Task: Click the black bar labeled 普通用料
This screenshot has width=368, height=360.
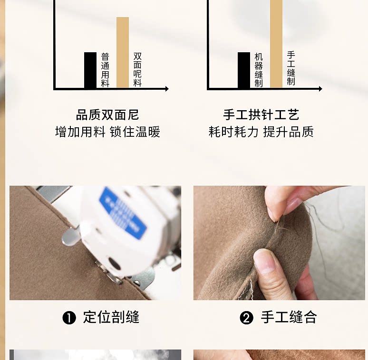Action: coord(90,70)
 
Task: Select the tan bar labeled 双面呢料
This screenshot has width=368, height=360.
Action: coord(123,52)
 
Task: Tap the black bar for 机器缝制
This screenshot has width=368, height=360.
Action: coord(244,70)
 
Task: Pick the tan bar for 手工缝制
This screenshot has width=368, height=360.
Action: coord(276,44)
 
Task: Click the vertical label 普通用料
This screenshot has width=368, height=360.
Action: coord(105,70)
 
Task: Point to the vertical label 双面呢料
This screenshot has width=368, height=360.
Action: coord(137,70)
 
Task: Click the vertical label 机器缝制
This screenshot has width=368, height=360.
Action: coord(259,70)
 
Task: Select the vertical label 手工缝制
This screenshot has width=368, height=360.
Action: coord(291,68)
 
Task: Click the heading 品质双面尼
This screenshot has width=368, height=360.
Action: coord(107,115)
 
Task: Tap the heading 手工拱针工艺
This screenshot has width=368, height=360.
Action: coord(261,115)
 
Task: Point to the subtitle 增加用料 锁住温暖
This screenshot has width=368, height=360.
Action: coord(108,132)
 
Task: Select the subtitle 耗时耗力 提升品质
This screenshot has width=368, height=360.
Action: coord(261,132)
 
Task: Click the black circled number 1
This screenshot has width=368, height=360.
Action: coord(69,318)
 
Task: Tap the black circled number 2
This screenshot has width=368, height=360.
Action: coord(246,318)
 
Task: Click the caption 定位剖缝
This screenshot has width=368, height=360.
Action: coord(111,317)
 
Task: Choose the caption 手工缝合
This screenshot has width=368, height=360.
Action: coord(289,317)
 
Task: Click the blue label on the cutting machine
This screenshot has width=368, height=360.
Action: coord(123,213)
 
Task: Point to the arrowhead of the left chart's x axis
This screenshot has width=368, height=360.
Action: coord(167,89)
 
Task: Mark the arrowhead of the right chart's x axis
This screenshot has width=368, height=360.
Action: coord(320,89)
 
